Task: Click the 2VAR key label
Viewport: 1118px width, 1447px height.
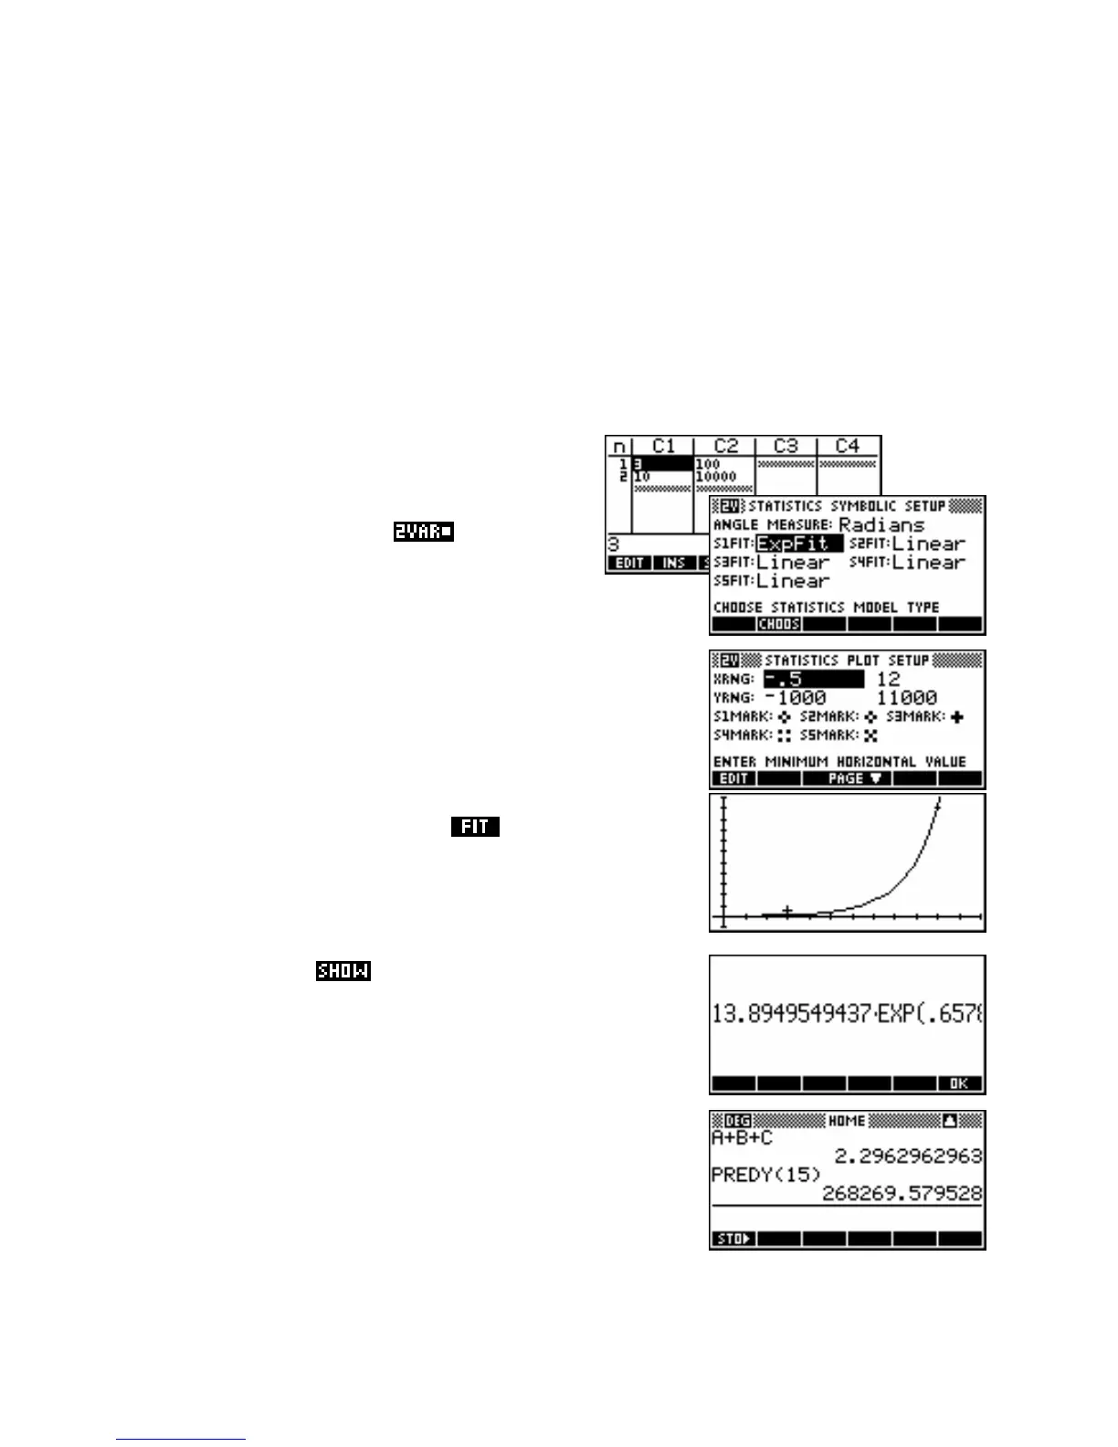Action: click(423, 531)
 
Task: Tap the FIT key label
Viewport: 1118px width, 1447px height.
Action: click(474, 827)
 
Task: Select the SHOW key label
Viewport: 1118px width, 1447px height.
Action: click(343, 970)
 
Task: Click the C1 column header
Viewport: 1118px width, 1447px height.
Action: click(663, 446)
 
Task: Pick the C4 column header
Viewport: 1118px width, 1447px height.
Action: click(848, 446)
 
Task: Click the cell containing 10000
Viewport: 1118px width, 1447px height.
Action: click(716, 477)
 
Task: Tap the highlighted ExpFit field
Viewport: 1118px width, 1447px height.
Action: click(797, 544)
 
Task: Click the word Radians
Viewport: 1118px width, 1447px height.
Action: click(881, 524)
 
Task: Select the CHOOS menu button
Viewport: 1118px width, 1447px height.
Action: click(779, 624)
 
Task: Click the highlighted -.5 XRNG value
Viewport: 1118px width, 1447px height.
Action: click(812, 679)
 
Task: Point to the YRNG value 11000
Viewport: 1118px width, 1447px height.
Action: click(906, 698)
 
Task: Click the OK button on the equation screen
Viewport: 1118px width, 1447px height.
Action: click(959, 1083)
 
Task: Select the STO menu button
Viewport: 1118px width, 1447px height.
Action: click(733, 1239)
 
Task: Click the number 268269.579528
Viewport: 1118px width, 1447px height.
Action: click(902, 1193)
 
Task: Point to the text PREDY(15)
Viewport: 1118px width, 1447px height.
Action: click(765, 1175)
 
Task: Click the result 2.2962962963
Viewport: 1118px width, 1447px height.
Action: click(908, 1156)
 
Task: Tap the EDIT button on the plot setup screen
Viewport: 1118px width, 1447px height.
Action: click(733, 778)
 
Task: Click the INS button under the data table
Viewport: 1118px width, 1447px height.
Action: click(674, 563)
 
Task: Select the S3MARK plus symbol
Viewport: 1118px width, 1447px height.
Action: click(956, 717)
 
